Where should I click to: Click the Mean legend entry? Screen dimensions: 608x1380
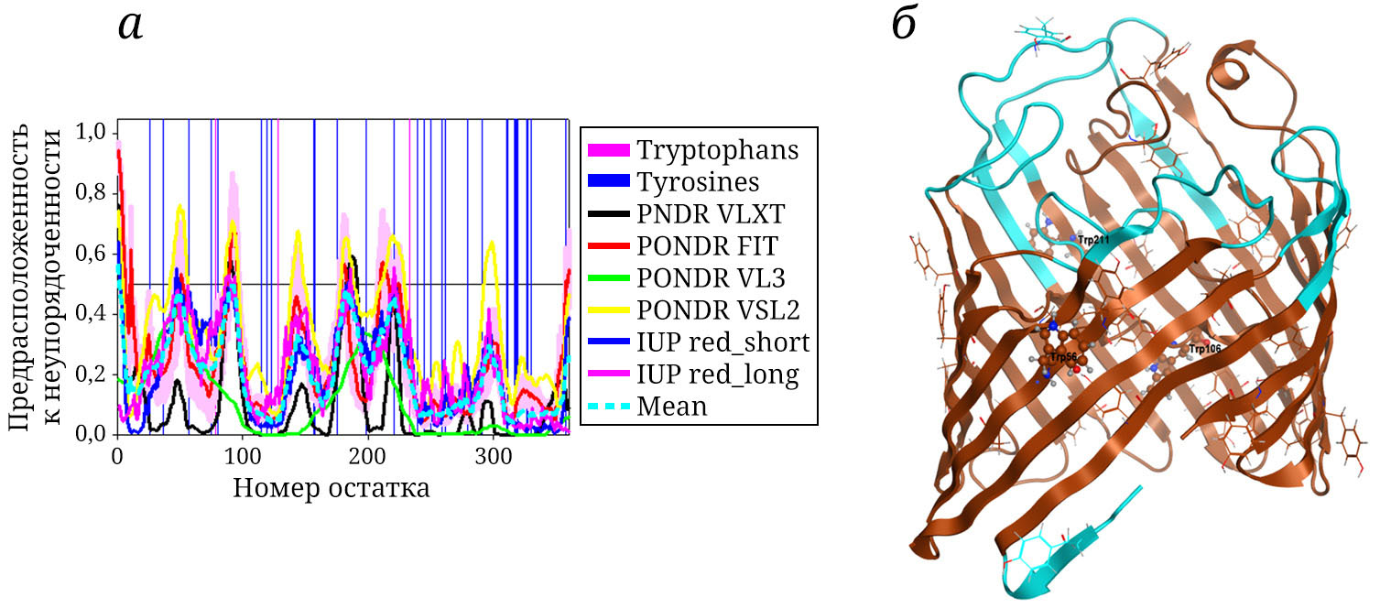672,407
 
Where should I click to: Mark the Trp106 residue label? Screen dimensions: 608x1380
1205,349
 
